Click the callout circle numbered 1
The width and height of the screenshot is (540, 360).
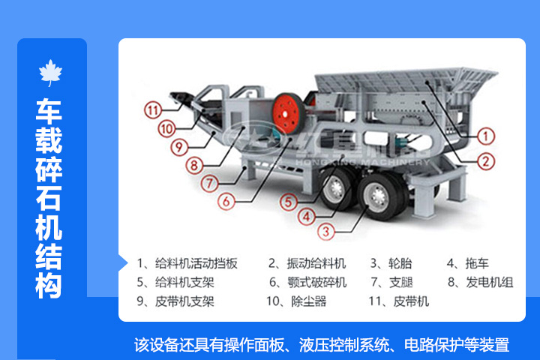pyautogui.click(x=487, y=136)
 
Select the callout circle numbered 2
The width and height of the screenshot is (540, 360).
pyautogui.click(x=487, y=160)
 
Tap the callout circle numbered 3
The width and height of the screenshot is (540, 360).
pyautogui.click(x=324, y=231)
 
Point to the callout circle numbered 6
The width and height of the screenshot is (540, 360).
pyautogui.click(x=226, y=200)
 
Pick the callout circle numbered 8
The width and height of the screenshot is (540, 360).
pyautogui.click(x=193, y=164)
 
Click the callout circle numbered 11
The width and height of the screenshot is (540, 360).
pyautogui.click(x=153, y=110)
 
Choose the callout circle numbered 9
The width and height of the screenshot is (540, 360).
pyautogui.click(x=178, y=146)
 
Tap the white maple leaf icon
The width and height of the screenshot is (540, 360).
pyautogui.click(x=51, y=73)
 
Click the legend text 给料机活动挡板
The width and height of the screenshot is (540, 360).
pyautogui.click(x=196, y=263)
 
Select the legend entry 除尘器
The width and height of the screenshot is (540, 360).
pyautogui.click(x=308, y=301)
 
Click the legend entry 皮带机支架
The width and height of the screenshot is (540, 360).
pyautogui.click(x=184, y=301)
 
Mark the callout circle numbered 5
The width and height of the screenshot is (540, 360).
pyautogui.click(x=289, y=201)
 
